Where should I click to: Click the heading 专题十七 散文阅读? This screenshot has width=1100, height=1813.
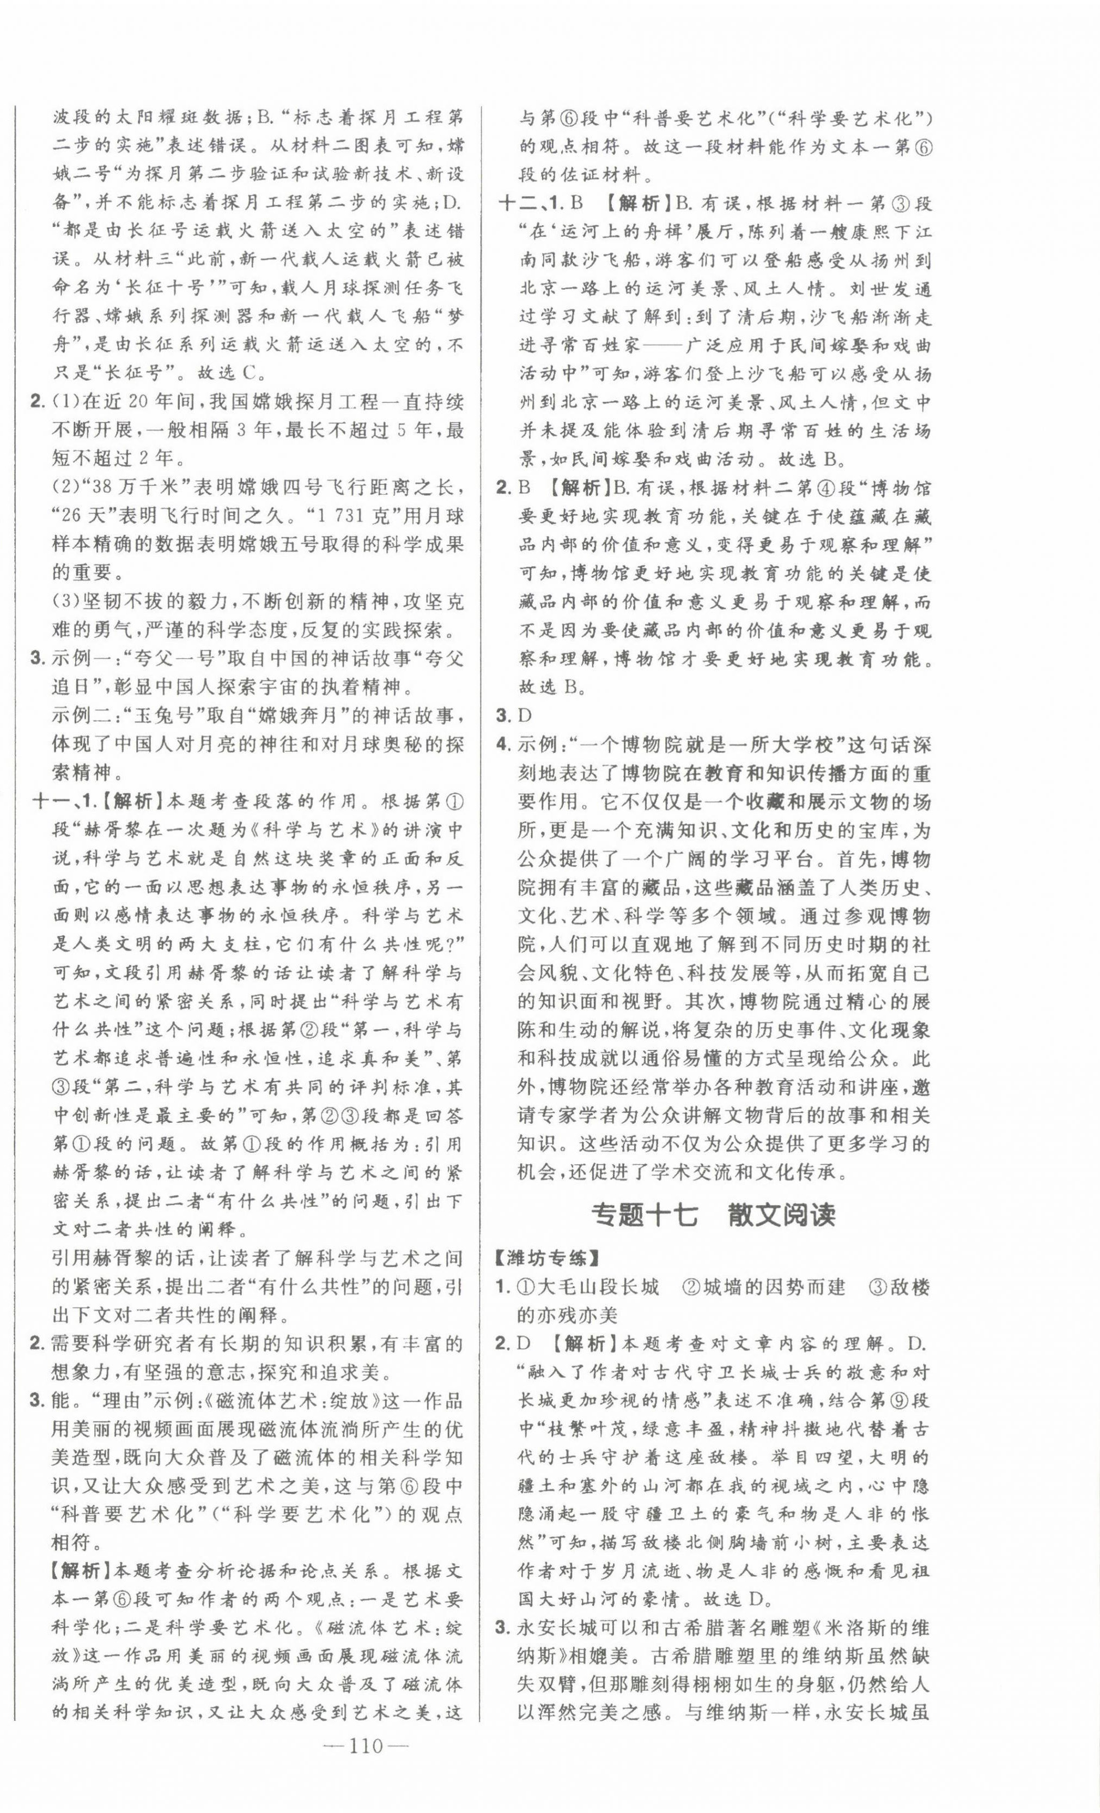pyautogui.click(x=714, y=1215)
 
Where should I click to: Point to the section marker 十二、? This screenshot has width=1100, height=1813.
pyautogui.click(x=523, y=203)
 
